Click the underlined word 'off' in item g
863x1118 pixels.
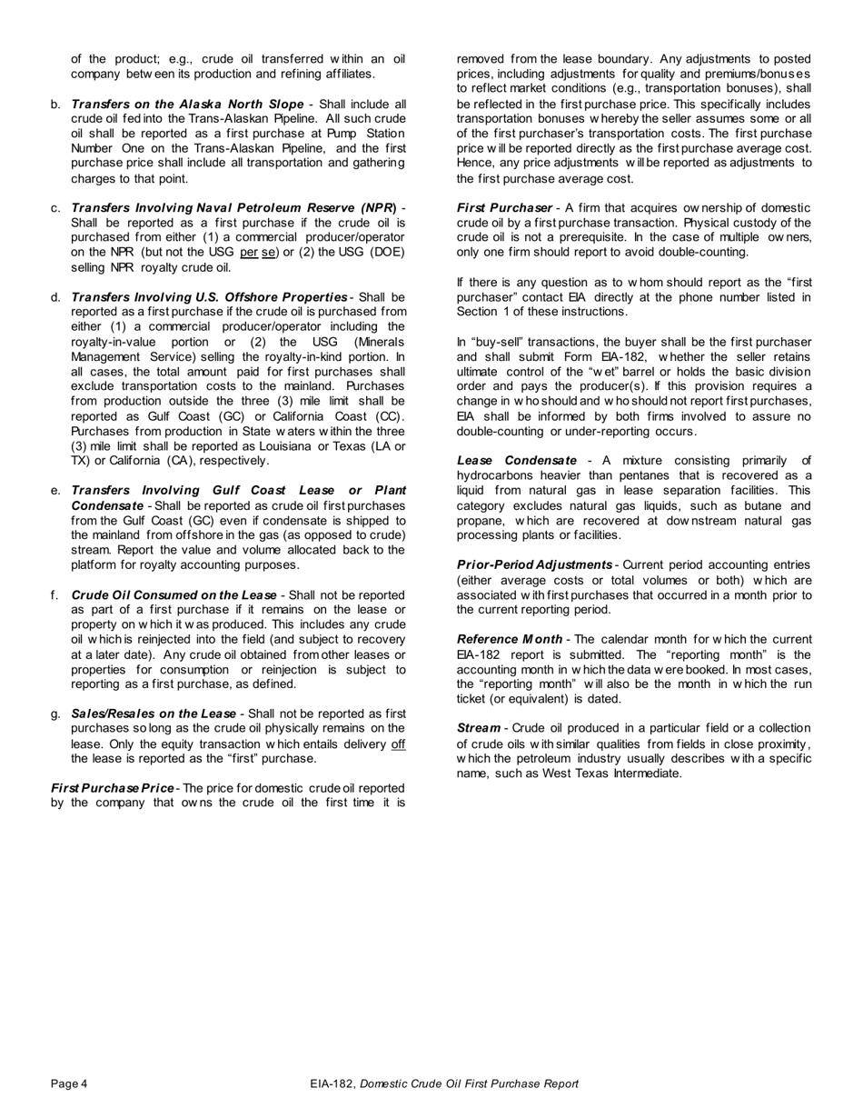coord(398,744)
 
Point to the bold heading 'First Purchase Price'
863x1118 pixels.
coord(114,788)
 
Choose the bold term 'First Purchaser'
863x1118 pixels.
coord(504,208)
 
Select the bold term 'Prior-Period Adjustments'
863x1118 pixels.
coord(534,565)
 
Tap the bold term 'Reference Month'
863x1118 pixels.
coord(510,640)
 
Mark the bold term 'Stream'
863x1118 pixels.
coord(478,728)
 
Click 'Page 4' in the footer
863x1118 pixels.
coord(69,1083)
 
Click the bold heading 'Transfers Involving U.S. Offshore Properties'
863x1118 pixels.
coord(209,297)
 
